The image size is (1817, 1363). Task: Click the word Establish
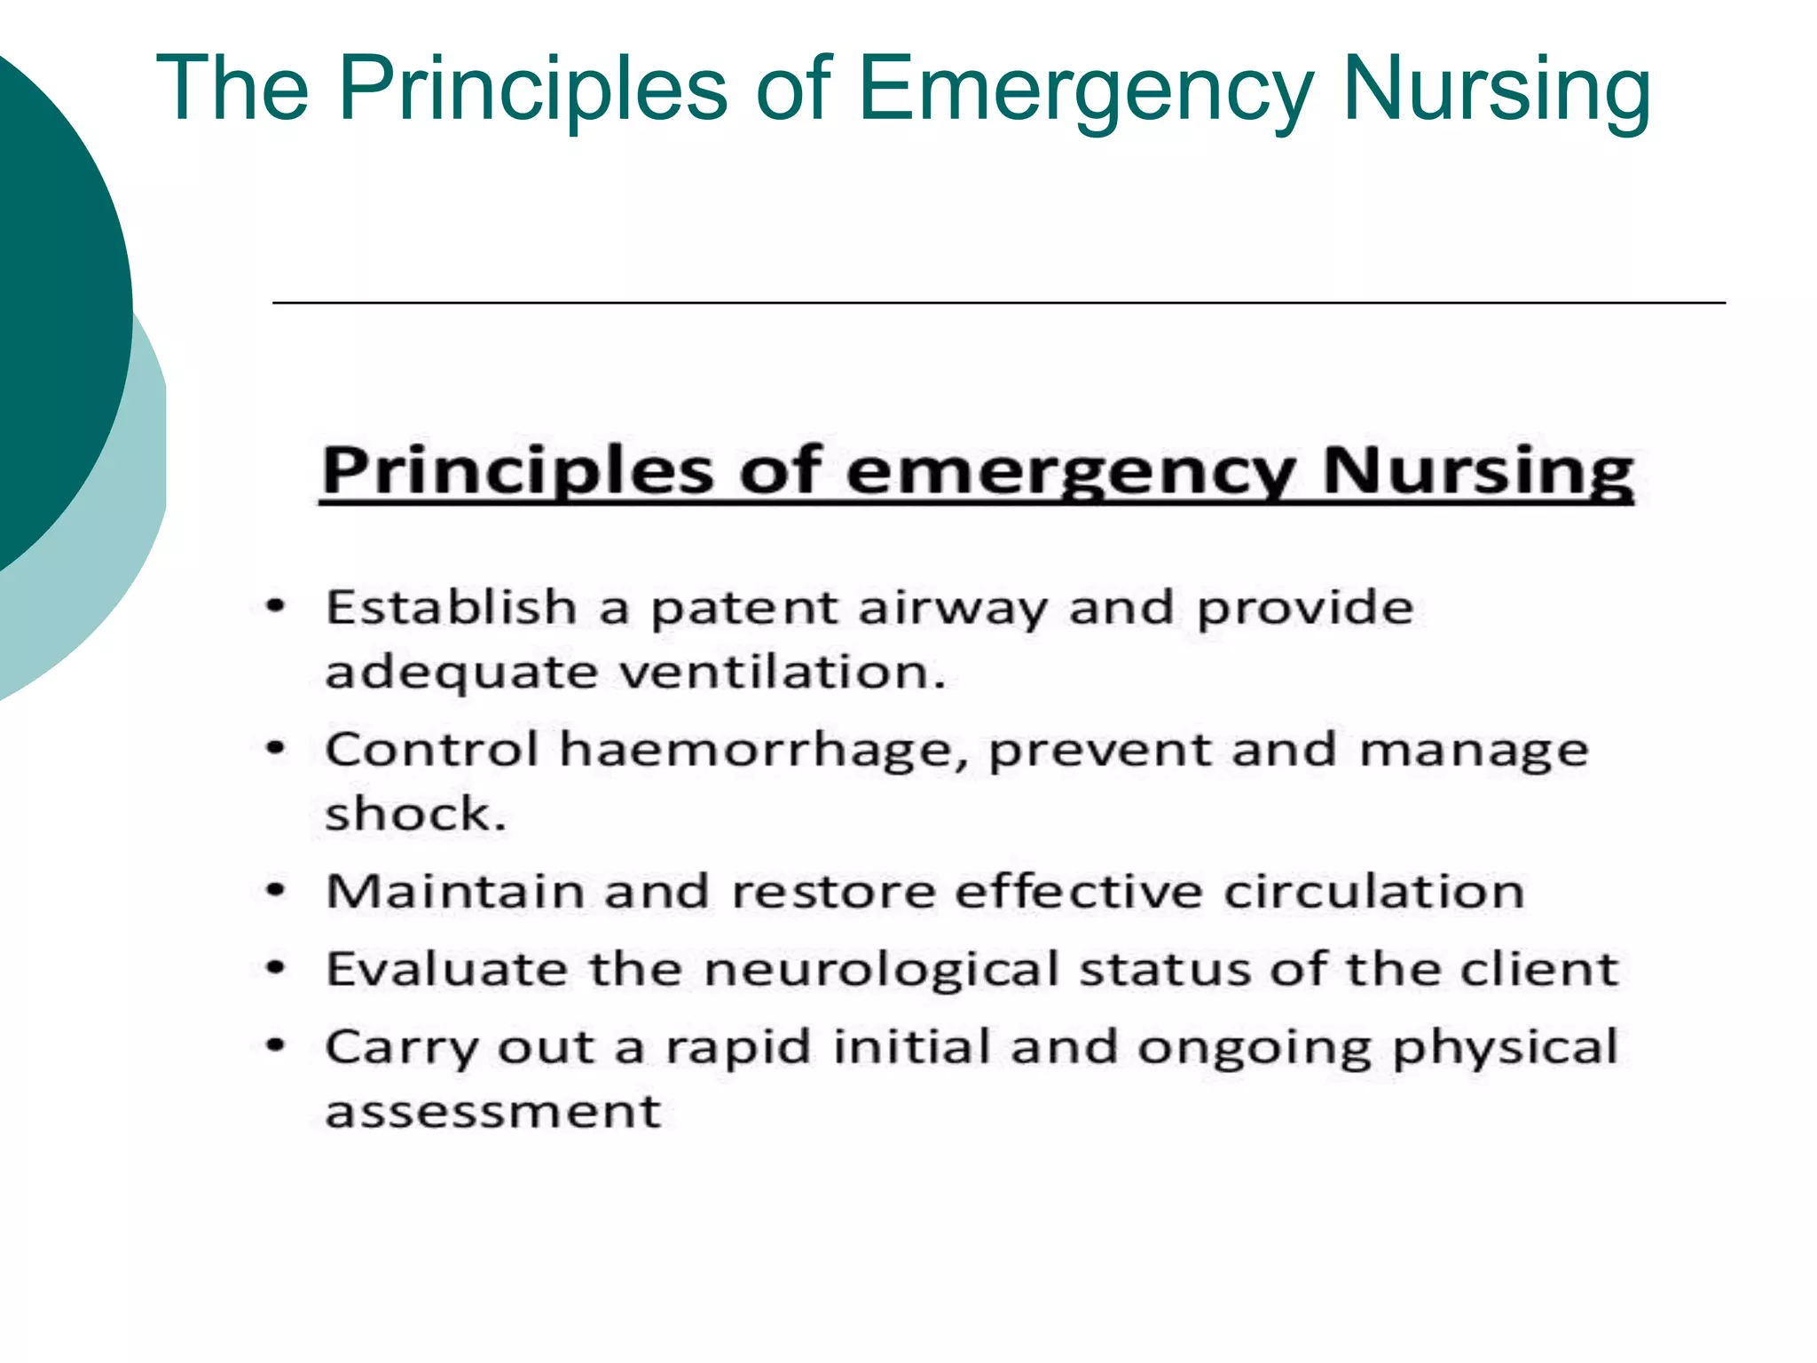coord(452,608)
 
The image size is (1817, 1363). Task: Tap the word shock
coord(414,814)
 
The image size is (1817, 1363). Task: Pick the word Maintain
coord(453,891)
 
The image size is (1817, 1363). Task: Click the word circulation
coord(1373,891)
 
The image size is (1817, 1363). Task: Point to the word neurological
coord(881,970)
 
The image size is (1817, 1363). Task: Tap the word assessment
coord(493,1112)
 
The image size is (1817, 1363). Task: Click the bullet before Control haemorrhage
coord(277,750)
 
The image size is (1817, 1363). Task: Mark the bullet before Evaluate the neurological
coord(277,968)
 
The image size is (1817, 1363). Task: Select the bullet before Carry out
coord(277,1046)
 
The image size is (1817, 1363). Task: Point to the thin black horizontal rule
coord(998,303)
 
